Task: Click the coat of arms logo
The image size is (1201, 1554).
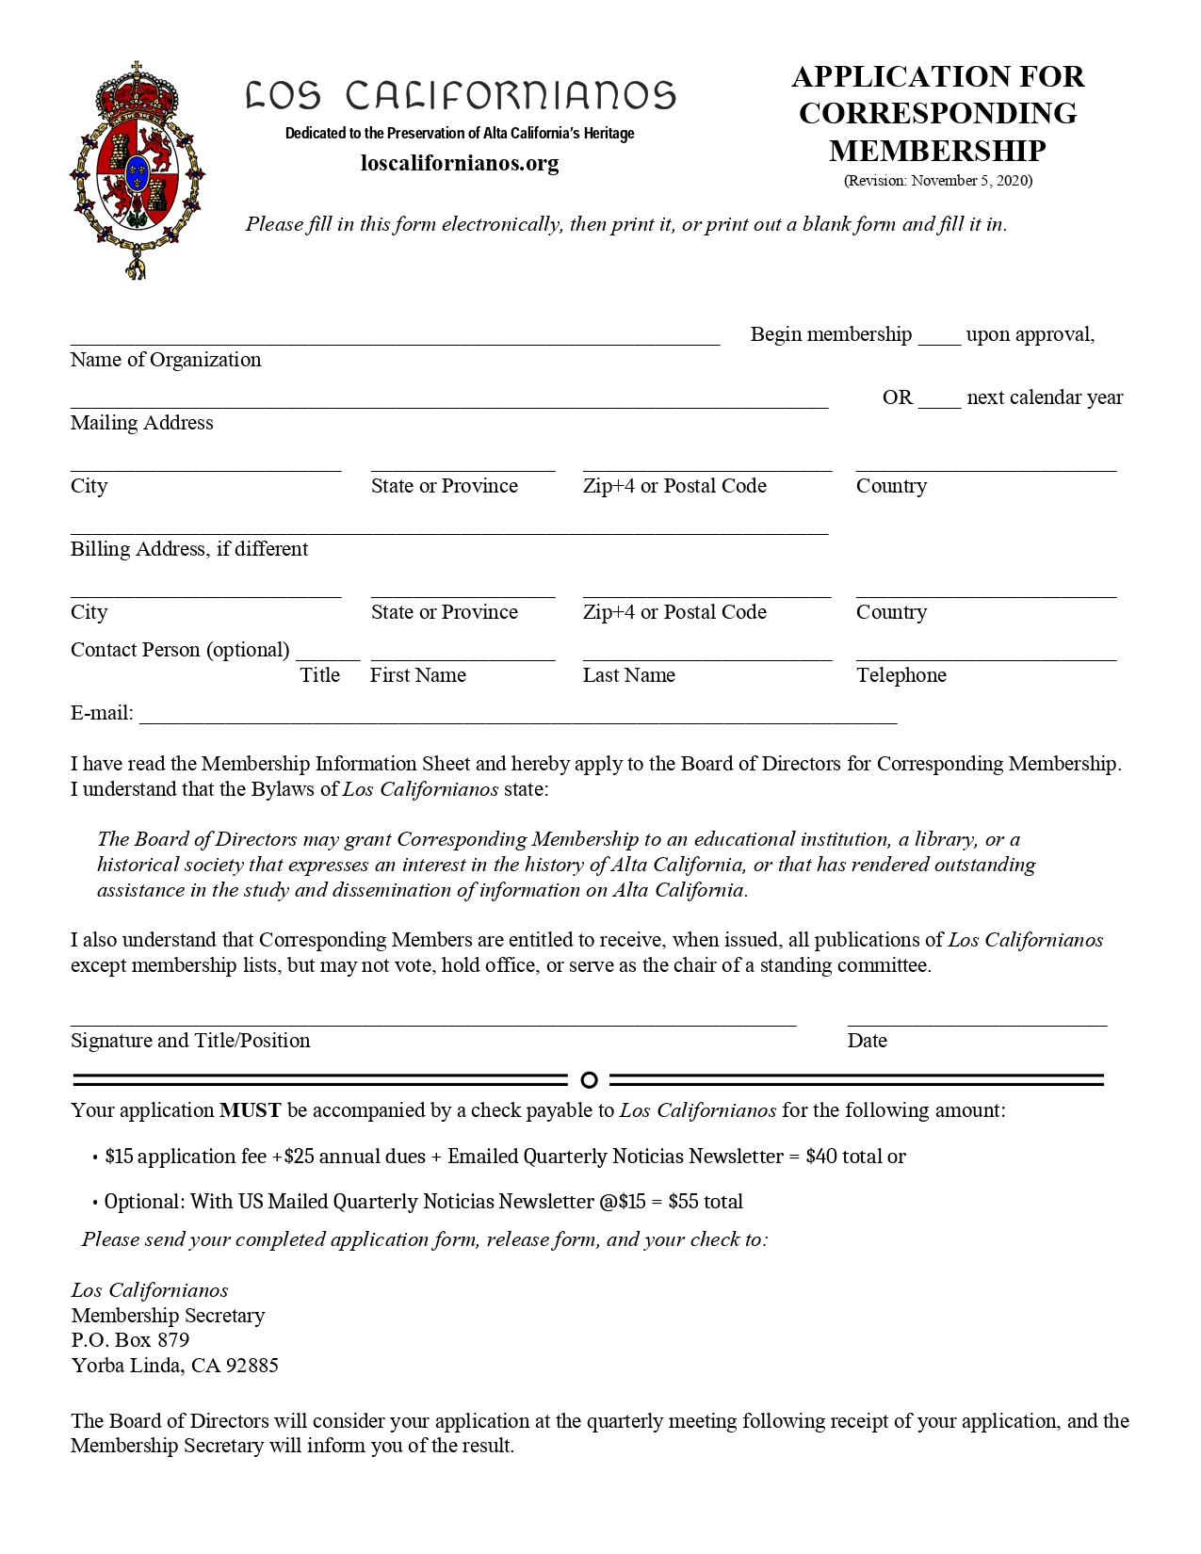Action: [138, 170]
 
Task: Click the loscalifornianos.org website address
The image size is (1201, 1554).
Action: [460, 163]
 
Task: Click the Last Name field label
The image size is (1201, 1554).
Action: [628, 675]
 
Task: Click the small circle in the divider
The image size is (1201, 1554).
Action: [589, 1079]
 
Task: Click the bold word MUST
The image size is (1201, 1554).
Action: [250, 1110]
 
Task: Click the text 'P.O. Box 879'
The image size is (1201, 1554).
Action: [130, 1340]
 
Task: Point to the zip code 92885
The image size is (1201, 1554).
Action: [252, 1366]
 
